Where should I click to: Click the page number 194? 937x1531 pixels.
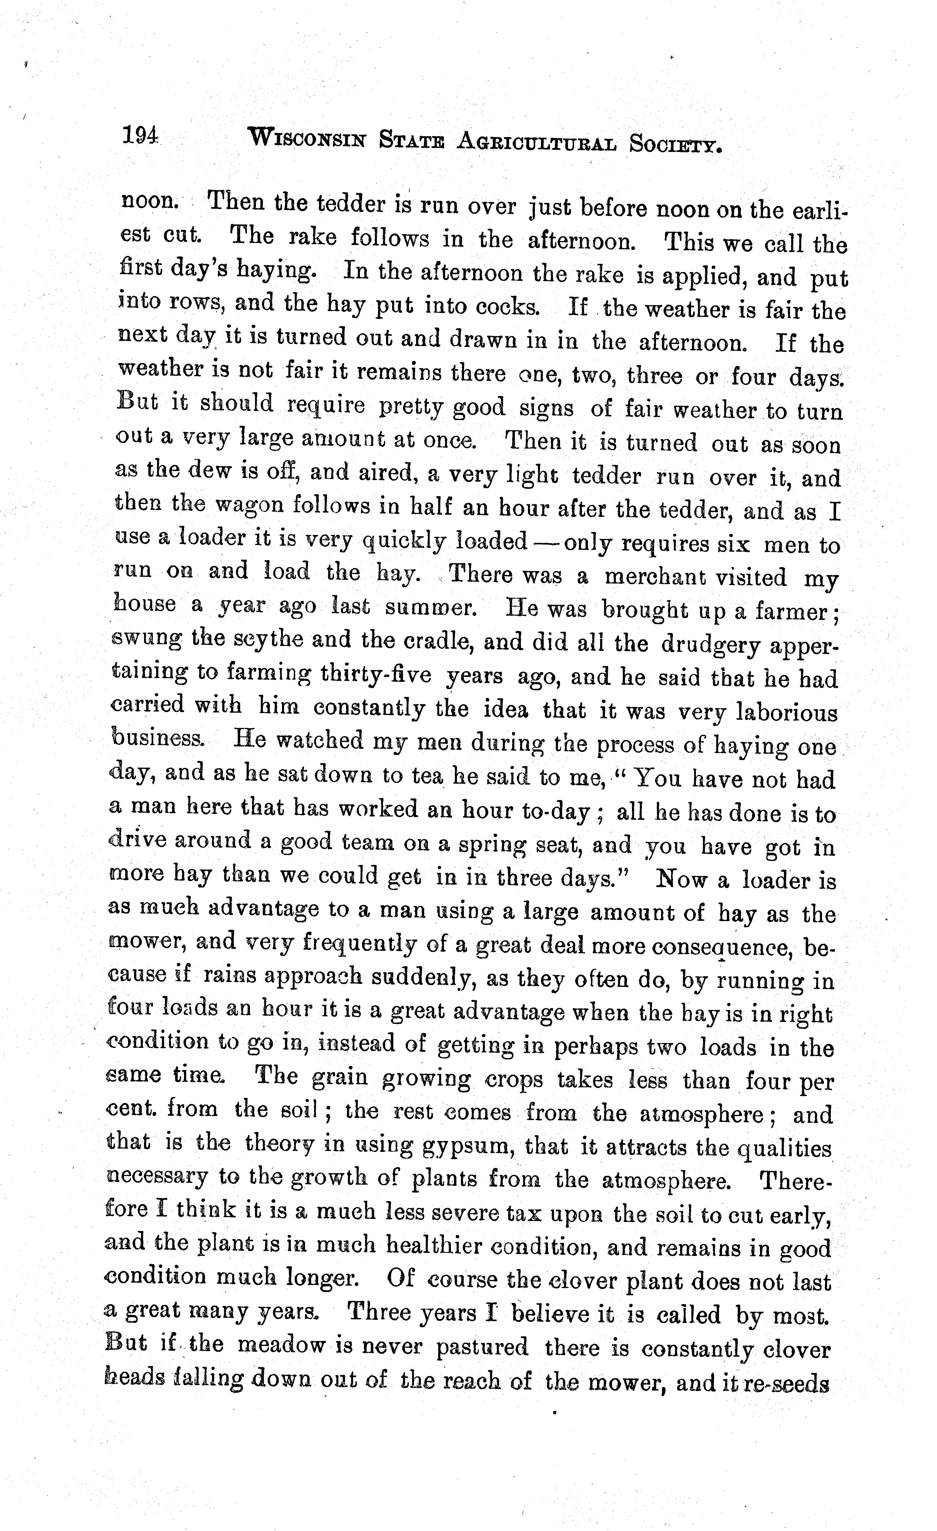coord(140,136)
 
